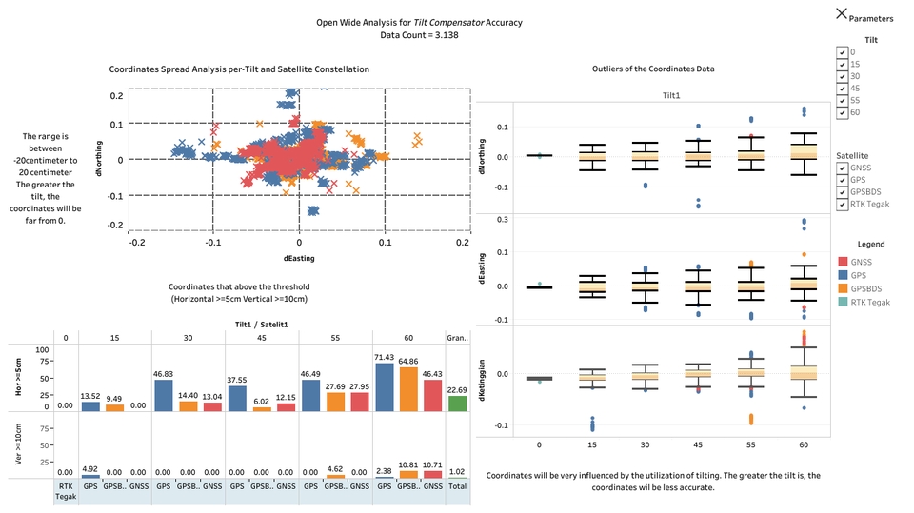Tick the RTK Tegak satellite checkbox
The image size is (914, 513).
(842, 205)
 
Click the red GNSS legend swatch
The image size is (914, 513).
(843, 261)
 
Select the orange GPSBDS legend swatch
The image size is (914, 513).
(843, 288)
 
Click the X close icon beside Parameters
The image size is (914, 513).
(842, 13)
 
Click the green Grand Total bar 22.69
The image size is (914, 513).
(457, 404)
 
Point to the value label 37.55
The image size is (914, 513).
(235, 374)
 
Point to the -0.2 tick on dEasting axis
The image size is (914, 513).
(137, 243)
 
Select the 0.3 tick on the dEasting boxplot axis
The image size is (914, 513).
(503, 219)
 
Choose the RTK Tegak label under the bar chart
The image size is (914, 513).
(66, 490)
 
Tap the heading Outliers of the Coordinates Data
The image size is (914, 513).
(652, 69)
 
